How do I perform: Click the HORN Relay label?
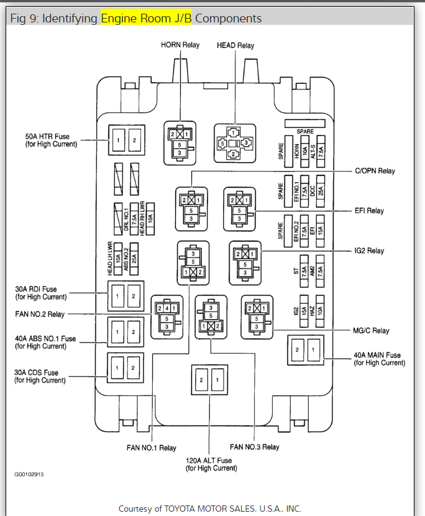point(180,45)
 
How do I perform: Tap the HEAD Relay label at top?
point(235,45)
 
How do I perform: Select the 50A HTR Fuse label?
point(51,140)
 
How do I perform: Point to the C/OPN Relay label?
point(375,171)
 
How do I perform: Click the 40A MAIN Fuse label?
point(378,359)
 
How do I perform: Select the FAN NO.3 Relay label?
point(254,447)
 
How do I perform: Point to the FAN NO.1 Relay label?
point(151,448)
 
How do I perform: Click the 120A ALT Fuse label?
point(209,464)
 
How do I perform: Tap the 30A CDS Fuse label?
point(40,376)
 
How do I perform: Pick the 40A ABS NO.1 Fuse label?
point(45,342)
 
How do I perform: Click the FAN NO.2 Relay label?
point(40,315)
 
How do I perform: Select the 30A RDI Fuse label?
point(40,292)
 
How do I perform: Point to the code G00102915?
point(29,474)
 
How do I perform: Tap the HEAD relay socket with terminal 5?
point(235,142)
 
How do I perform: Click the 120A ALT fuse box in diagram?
point(209,379)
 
